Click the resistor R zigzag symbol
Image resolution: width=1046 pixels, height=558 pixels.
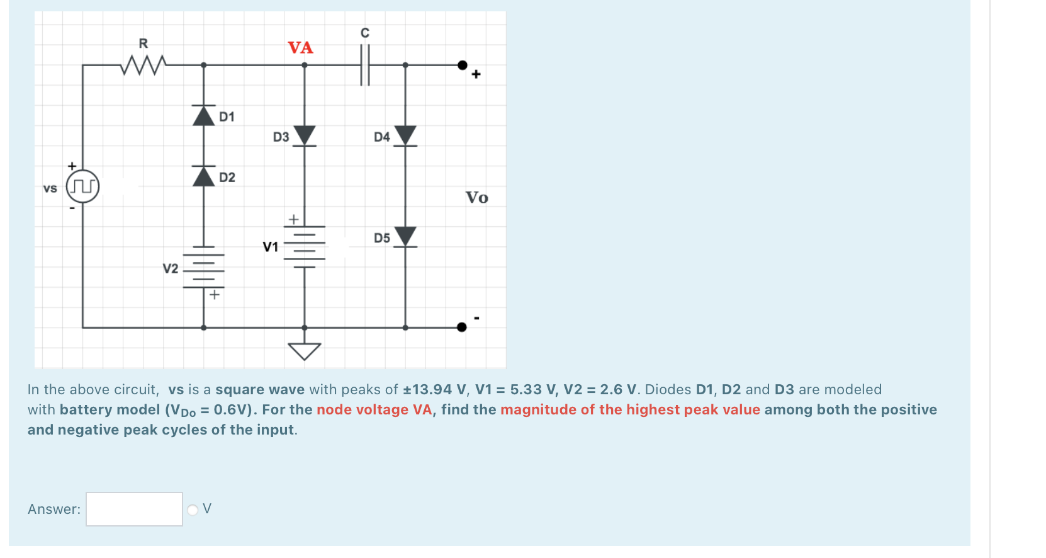tap(143, 64)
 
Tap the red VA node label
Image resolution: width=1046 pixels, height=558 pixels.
tap(300, 48)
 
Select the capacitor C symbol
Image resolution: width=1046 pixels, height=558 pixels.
tap(365, 64)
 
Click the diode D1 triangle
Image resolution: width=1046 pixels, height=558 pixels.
tap(203, 116)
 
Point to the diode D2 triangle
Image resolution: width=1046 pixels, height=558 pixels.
tap(203, 176)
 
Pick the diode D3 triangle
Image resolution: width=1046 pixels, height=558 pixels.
tap(305, 135)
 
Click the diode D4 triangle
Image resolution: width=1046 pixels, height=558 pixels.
tap(405, 135)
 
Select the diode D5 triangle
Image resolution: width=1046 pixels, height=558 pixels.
tap(405, 236)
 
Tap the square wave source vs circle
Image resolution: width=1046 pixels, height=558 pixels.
tap(83, 186)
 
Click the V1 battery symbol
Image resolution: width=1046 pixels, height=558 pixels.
tap(305, 246)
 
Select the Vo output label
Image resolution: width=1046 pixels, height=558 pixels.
tap(476, 198)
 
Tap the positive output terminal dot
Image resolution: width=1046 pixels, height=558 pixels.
tap(463, 65)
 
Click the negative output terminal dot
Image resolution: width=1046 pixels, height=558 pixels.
tap(462, 327)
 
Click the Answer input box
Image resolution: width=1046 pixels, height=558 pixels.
tap(134, 509)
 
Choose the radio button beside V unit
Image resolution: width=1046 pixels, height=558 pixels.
tap(193, 510)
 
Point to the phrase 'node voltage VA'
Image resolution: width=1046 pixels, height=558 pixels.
tap(374, 410)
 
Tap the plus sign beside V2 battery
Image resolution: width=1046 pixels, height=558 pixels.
tap(215, 294)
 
